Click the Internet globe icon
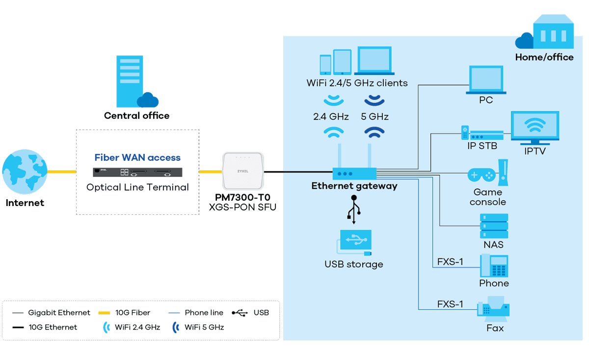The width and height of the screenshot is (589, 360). (x=25, y=172)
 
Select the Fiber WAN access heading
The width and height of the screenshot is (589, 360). (x=137, y=158)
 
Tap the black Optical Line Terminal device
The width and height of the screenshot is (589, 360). (x=137, y=172)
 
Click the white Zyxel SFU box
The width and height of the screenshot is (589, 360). (x=242, y=171)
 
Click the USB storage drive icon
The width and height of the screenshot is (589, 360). (x=354, y=242)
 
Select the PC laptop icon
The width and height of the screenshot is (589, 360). (x=485, y=80)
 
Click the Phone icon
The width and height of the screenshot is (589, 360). (x=494, y=266)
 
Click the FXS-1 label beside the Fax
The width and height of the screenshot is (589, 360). (x=450, y=305)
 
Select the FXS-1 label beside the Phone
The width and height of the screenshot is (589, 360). (x=450, y=262)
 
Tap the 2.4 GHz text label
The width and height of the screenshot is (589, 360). (x=331, y=117)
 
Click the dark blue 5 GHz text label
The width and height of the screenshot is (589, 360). (x=375, y=117)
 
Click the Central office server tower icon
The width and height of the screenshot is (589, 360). (x=130, y=81)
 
